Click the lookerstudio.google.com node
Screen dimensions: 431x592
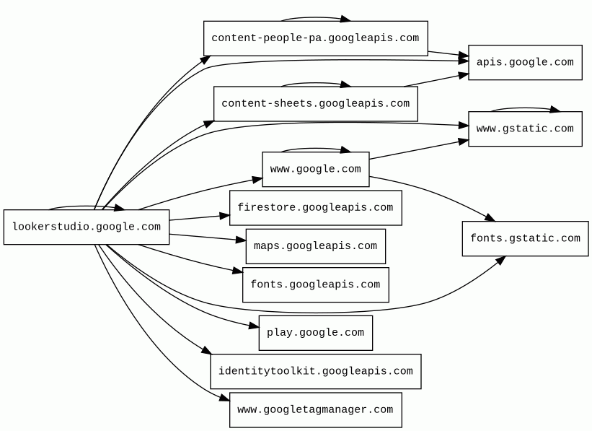tap(87, 227)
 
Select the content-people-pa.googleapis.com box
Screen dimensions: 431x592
tap(315, 38)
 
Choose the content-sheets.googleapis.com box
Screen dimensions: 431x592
tap(315, 104)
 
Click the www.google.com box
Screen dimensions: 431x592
tap(315, 170)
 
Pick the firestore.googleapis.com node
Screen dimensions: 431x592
tap(315, 208)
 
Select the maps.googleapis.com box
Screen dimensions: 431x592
tap(315, 246)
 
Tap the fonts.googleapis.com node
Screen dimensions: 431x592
tap(315, 285)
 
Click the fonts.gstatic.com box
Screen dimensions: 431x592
tap(525, 239)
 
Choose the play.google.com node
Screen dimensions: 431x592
tap(315, 333)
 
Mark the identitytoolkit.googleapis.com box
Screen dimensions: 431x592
tap(315, 372)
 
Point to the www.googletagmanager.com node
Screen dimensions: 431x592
tap(315, 410)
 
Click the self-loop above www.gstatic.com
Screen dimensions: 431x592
tap(525, 109)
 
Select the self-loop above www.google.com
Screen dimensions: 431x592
tap(315, 149)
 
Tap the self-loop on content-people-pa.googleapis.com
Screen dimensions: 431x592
tap(315, 18)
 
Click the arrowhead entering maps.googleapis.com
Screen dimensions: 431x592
tap(241, 240)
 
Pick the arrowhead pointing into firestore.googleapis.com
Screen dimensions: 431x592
tap(225, 215)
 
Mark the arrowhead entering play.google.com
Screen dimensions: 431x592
tap(254, 327)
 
